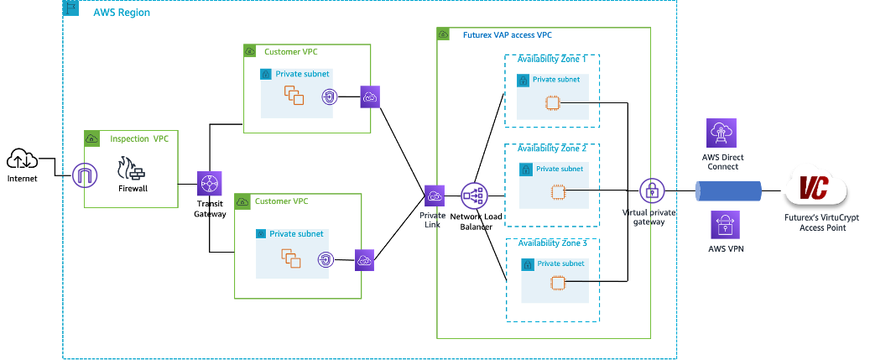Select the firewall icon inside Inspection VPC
(x=132, y=170)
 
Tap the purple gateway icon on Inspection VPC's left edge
(x=85, y=175)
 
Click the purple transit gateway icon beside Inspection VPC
(x=208, y=184)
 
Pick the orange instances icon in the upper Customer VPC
(x=293, y=96)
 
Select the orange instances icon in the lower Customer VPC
(x=291, y=258)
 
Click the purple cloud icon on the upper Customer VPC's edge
(x=370, y=97)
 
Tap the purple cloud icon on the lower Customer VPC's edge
(x=364, y=260)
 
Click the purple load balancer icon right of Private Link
(x=472, y=196)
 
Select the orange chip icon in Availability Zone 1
(x=552, y=102)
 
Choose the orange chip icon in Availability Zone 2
(x=555, y=192)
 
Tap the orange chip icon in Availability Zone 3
(x=555, y=285)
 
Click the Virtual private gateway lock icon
(x=651, y=190)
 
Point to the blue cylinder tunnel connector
(x=727, y=190)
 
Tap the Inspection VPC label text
(x=139, y=138)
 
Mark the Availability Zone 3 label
(x=552, y=243)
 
